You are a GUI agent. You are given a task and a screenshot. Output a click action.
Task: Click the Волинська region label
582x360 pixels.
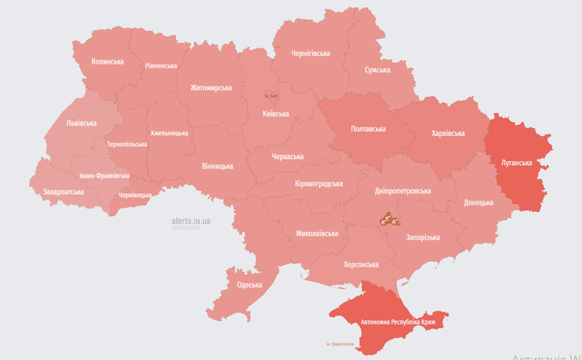107,61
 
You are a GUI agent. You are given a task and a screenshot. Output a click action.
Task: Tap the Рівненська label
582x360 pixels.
161,66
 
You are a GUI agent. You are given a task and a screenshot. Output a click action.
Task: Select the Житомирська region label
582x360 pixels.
211,87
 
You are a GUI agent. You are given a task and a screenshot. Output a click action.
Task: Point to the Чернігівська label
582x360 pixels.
311,53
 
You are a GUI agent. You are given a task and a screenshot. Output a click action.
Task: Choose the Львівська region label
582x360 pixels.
81,123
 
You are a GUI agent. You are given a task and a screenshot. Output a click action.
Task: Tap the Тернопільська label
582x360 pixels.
127,145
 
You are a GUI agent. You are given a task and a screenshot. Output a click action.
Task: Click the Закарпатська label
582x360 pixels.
64,191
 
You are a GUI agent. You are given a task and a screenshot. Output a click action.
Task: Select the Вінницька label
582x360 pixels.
217,166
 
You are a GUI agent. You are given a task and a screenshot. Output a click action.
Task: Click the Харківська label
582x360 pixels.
448,134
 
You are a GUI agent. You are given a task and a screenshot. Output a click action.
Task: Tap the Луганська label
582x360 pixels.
517,163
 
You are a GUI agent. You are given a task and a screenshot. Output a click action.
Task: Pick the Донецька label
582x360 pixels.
478,202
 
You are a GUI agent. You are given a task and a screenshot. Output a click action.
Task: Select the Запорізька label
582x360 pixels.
422,237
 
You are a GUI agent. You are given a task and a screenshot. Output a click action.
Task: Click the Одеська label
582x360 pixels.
249,284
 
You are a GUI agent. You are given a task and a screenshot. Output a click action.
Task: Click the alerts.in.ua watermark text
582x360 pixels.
190,221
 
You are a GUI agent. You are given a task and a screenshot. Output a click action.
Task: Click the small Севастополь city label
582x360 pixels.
341,344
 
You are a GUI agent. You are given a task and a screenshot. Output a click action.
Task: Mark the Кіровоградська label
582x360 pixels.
319,183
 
